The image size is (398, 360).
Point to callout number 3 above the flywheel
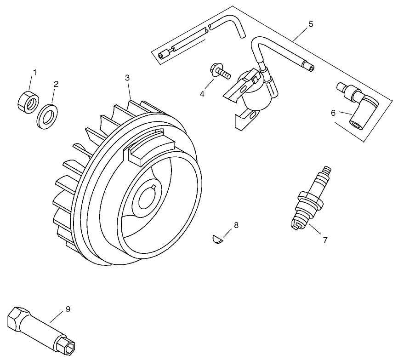pos(127,78)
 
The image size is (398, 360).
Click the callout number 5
pos(311,24)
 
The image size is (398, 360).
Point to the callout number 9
pos(68,309)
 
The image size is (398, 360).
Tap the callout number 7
pos(325,240)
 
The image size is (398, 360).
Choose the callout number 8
pos(236,225)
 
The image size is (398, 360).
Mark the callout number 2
pos(56,84)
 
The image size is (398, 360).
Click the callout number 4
pos(202,94)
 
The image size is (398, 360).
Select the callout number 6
pos(334,113)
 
